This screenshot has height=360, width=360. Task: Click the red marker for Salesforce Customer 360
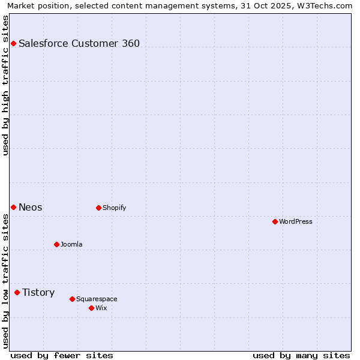click(13, 43)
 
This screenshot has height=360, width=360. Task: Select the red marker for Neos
click(13, 207)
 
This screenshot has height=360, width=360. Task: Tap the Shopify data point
click(98, 208)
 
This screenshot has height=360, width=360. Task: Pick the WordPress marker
click(275, 221)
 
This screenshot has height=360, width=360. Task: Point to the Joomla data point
click(56, 244)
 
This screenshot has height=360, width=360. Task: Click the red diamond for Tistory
click(17, 292)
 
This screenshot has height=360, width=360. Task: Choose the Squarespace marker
click(72, 299)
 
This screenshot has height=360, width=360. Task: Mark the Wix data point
click(91, 308)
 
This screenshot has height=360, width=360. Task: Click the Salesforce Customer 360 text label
click(79, 43)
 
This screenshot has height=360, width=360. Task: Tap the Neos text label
click(31, 207)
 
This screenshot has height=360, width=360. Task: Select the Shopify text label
click(114, 208)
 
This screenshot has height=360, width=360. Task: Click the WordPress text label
click(296, 221)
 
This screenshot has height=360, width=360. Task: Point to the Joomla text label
click(71, 244)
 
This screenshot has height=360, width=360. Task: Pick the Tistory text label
click(38, 292)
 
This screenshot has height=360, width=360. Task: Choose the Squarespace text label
click(97, 299)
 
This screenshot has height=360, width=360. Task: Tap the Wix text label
click(101, 308)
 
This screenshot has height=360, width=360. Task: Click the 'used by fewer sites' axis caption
click(62, 355)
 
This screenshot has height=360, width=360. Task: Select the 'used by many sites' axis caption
click(301, 355)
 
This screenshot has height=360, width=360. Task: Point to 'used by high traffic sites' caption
click(5, 85)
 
